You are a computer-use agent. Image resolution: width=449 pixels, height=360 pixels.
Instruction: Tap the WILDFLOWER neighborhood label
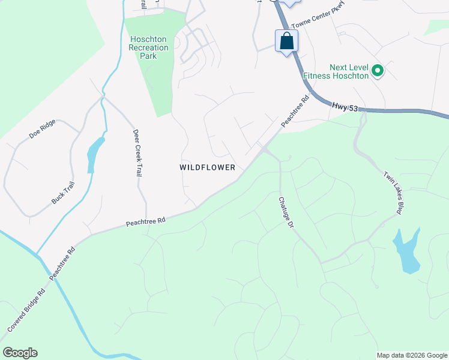[207, 167]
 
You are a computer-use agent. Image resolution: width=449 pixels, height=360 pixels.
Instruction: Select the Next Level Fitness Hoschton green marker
[378, 71]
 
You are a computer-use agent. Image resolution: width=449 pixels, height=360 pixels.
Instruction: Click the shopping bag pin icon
[286, 41]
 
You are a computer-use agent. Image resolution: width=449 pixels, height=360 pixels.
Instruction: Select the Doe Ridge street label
[42, 129]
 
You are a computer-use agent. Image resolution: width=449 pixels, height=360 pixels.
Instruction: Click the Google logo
[20, 353]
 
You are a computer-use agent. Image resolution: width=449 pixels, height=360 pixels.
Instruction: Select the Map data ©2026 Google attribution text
[412, 355]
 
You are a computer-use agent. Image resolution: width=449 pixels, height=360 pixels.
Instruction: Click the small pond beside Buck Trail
[94, 155]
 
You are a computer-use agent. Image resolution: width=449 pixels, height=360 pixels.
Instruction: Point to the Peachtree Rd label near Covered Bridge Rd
[62, 263]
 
